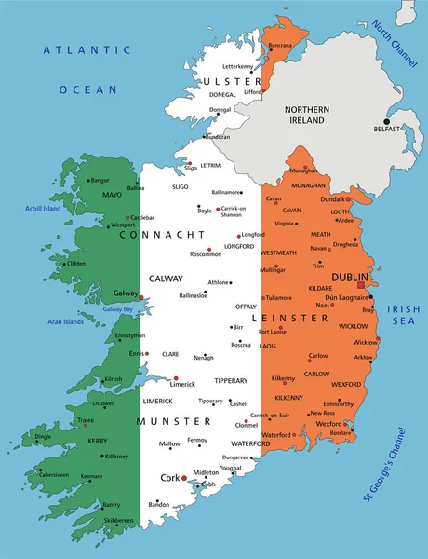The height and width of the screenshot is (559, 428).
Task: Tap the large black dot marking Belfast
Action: point(386,121)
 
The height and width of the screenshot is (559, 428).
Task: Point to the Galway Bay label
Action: point(118,308)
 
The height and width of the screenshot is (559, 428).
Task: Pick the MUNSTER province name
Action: point(173,421)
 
